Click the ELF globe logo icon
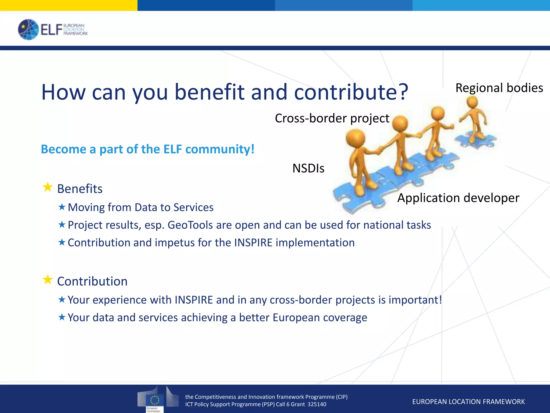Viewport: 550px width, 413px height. coord(28,30)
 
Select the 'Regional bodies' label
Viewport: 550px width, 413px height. coord(499,88)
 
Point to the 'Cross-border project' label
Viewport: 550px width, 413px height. coord(332,118)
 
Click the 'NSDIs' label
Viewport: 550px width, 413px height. coord(308,168)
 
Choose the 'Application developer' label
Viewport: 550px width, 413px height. coord(458,198)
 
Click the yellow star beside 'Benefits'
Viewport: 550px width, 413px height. coord(48,187)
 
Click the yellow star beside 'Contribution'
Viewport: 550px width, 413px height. coord(48,280)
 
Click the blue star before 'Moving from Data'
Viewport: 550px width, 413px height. coord(62,207)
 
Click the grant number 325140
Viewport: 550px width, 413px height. coord(317,404)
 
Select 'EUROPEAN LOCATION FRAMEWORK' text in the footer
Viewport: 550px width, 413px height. coord(468,402)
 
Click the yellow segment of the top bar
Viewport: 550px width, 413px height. coord(68,5)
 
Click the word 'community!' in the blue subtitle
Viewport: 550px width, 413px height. coord(220,149)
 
